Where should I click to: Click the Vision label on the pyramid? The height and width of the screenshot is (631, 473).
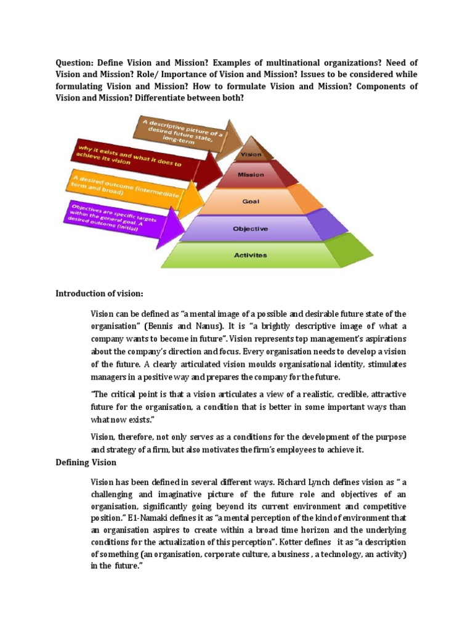coord(251,155)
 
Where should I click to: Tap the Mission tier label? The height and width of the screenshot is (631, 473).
coord(251,174)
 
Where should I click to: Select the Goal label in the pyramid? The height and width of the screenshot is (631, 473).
coord(250,201)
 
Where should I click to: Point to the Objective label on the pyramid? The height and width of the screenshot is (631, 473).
coord(250,229)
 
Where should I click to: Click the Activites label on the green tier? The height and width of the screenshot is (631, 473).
coord(251,255)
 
